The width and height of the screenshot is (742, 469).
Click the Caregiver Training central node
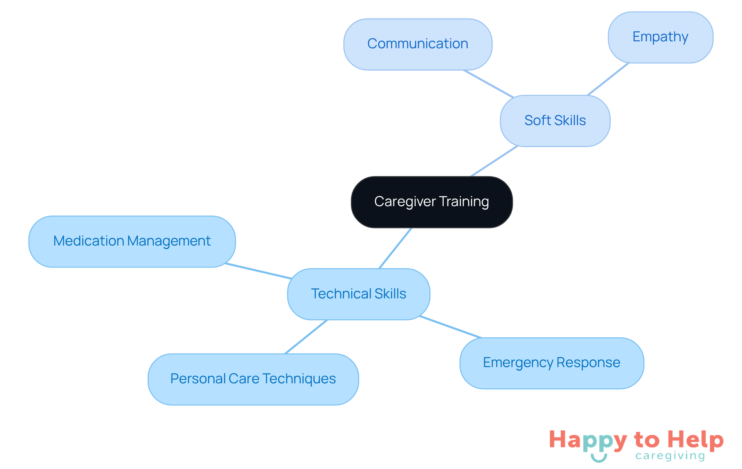point(432,202)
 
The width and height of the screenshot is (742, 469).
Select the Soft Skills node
point(555,121)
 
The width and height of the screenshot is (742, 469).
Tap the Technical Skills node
point(359,294)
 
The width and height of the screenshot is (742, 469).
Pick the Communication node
point(418,44)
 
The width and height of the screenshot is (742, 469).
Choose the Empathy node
point(660,37)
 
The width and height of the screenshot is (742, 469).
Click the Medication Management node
point(132,241)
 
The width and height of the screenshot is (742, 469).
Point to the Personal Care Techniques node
point(253,379)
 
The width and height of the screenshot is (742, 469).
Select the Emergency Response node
point(551,363)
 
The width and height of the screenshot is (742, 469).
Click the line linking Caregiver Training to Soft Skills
point(494,161)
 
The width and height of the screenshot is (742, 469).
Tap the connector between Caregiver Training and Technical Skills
point(395,248)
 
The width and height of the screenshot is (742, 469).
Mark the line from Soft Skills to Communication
point(488,83)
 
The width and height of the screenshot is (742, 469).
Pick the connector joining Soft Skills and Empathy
point(608,79)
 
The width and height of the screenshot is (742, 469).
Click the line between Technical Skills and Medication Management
point(258,271)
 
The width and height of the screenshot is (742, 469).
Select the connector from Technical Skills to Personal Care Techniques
point(306,337)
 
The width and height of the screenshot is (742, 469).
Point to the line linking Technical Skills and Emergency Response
point(451,327)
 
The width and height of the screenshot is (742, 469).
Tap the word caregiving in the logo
point(670,456)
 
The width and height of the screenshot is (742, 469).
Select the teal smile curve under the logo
point(599,459)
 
